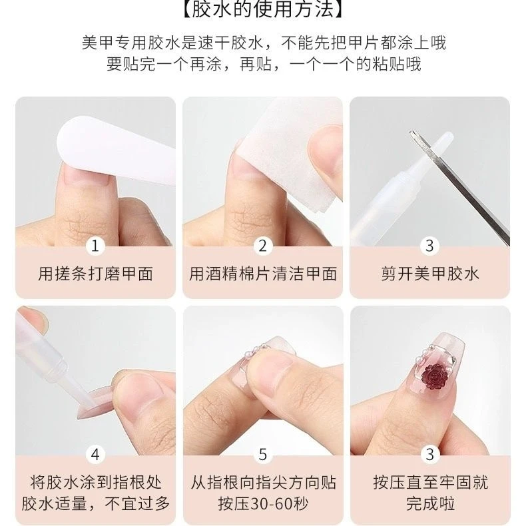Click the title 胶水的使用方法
263,9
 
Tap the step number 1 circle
95,246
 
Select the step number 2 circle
262,246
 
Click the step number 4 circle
95,455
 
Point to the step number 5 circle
262,455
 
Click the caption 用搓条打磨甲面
96,274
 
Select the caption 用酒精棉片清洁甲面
262,274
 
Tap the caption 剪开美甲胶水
430,274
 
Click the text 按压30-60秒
263,503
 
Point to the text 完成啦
430,503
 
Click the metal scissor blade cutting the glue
459,188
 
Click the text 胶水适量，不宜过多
96,503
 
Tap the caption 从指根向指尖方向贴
263,483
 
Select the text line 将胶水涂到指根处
96,483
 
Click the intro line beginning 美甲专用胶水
264,43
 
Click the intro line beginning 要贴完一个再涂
264,64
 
